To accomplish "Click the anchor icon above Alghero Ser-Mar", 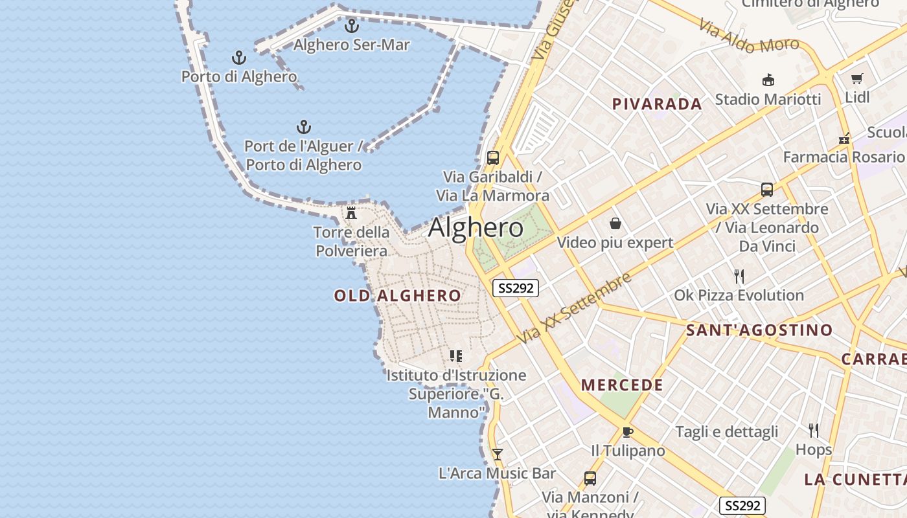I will (352, 26).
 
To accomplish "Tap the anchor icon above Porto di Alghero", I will (239, 58).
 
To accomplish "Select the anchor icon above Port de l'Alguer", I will (303, 126).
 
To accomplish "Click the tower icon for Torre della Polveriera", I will (351, 212).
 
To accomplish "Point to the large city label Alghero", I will (476, 227).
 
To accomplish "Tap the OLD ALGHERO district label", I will (398, 296).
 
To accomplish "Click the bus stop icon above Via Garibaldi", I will (492, 157).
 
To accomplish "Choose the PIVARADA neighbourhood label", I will (657, 104).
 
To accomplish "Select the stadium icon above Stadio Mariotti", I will (768, 80).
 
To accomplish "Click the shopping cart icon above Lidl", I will (857, 79).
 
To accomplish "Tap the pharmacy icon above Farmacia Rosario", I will (844, 139).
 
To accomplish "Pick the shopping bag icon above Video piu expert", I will (615, 224).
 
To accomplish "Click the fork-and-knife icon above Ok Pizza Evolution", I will (739, 276).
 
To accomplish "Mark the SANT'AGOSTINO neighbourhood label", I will (759, 330).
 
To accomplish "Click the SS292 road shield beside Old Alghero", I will (516, 288).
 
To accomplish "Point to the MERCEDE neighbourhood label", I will (622, 385).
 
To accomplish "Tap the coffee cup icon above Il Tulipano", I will (627, 432).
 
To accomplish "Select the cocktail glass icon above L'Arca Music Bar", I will (497, 454).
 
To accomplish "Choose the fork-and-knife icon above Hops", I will (813, 430).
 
